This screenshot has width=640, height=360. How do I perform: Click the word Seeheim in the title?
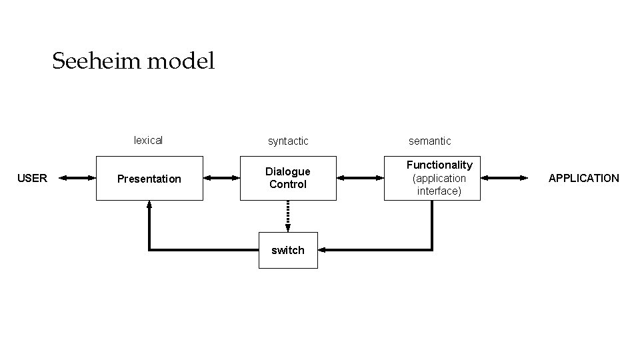coord(96,62)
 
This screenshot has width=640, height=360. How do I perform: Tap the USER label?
coord(32,178)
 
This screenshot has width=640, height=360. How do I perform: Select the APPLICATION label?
coord(583,178)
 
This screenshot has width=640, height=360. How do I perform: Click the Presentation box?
coord(149,179)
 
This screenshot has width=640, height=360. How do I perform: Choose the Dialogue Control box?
coord(288,178)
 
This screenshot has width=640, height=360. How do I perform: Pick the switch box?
coord(288,250)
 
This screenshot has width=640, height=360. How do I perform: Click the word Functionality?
coord(439,165)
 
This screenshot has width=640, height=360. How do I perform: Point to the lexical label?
coord(148,140)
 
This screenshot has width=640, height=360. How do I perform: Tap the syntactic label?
coord(288,141)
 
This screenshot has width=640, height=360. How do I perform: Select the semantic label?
coord(429,141)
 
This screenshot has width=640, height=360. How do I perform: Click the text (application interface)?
coord(439,185)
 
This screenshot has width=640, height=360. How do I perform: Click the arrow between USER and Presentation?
coord(77,178)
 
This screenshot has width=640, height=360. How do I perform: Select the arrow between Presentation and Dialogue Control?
coord(221,178)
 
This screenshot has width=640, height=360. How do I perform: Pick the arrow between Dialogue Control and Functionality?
coord(361,178)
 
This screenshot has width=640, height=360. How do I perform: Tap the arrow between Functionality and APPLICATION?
coord(503,178)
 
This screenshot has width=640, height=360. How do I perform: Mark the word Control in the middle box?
coord(288,185)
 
